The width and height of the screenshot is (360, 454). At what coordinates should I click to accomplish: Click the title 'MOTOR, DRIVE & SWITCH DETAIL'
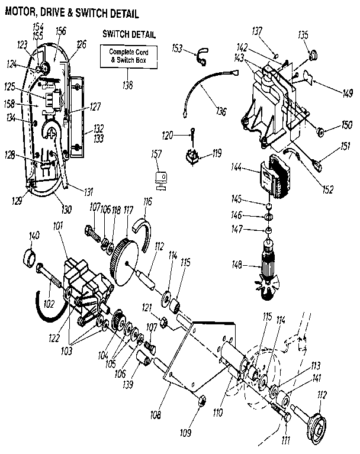point(75,12)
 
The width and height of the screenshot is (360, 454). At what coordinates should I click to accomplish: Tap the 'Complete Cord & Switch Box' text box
point(129,57)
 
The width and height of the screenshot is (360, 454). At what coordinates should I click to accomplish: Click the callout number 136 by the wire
point(221,111)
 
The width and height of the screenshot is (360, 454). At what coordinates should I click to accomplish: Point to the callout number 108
point(155,416)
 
